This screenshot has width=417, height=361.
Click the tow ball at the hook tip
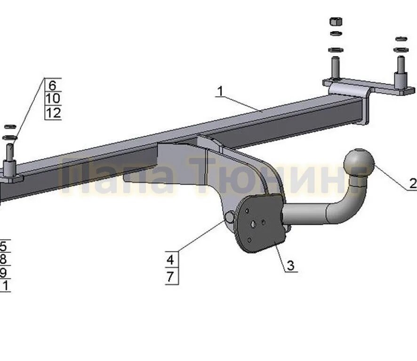pos(359,162)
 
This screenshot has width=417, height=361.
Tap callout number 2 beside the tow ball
pos(412,183)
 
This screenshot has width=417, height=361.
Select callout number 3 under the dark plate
pos(290,266)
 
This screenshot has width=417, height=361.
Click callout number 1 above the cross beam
pos(219,91)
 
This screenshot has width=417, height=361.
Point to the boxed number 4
pos(170,259)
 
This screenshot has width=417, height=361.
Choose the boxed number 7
pos(170,277)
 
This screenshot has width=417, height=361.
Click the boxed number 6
pos(52,85)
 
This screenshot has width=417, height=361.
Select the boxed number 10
pos(53,99)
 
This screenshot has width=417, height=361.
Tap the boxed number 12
pos(53,113)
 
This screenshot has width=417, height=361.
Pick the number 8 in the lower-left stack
pos(3,259)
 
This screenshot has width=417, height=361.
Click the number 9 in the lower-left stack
pos(3,273)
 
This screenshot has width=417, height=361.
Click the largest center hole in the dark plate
pos(254,224)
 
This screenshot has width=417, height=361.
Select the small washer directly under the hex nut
pos(336,33)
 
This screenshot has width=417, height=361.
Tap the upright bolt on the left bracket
pos(10,155)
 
